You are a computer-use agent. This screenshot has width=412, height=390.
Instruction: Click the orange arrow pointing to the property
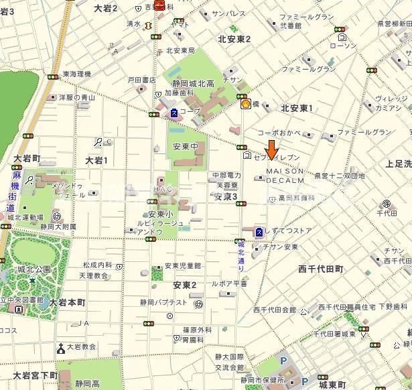(x=272, y=149)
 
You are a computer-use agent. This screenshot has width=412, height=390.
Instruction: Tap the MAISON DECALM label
(x=285, y=176)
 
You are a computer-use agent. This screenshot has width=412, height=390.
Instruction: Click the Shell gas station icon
(x=246, y=103)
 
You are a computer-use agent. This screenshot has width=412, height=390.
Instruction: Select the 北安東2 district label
(x=234, y=39)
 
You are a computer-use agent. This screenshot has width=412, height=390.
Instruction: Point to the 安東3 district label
(x=226, y=197)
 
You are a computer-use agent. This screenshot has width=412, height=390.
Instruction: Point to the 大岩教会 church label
(x=81, y=347)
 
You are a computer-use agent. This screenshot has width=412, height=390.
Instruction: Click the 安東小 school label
(x=161, y=214)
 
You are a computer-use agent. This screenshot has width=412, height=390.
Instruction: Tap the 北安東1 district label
(x=297, y=108)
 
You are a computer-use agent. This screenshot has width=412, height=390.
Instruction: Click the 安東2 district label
(x=184, y=285)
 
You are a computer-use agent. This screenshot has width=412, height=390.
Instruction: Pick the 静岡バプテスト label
(x=163, y=303)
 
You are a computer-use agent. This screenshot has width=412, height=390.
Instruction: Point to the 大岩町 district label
(x=27, y=159)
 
